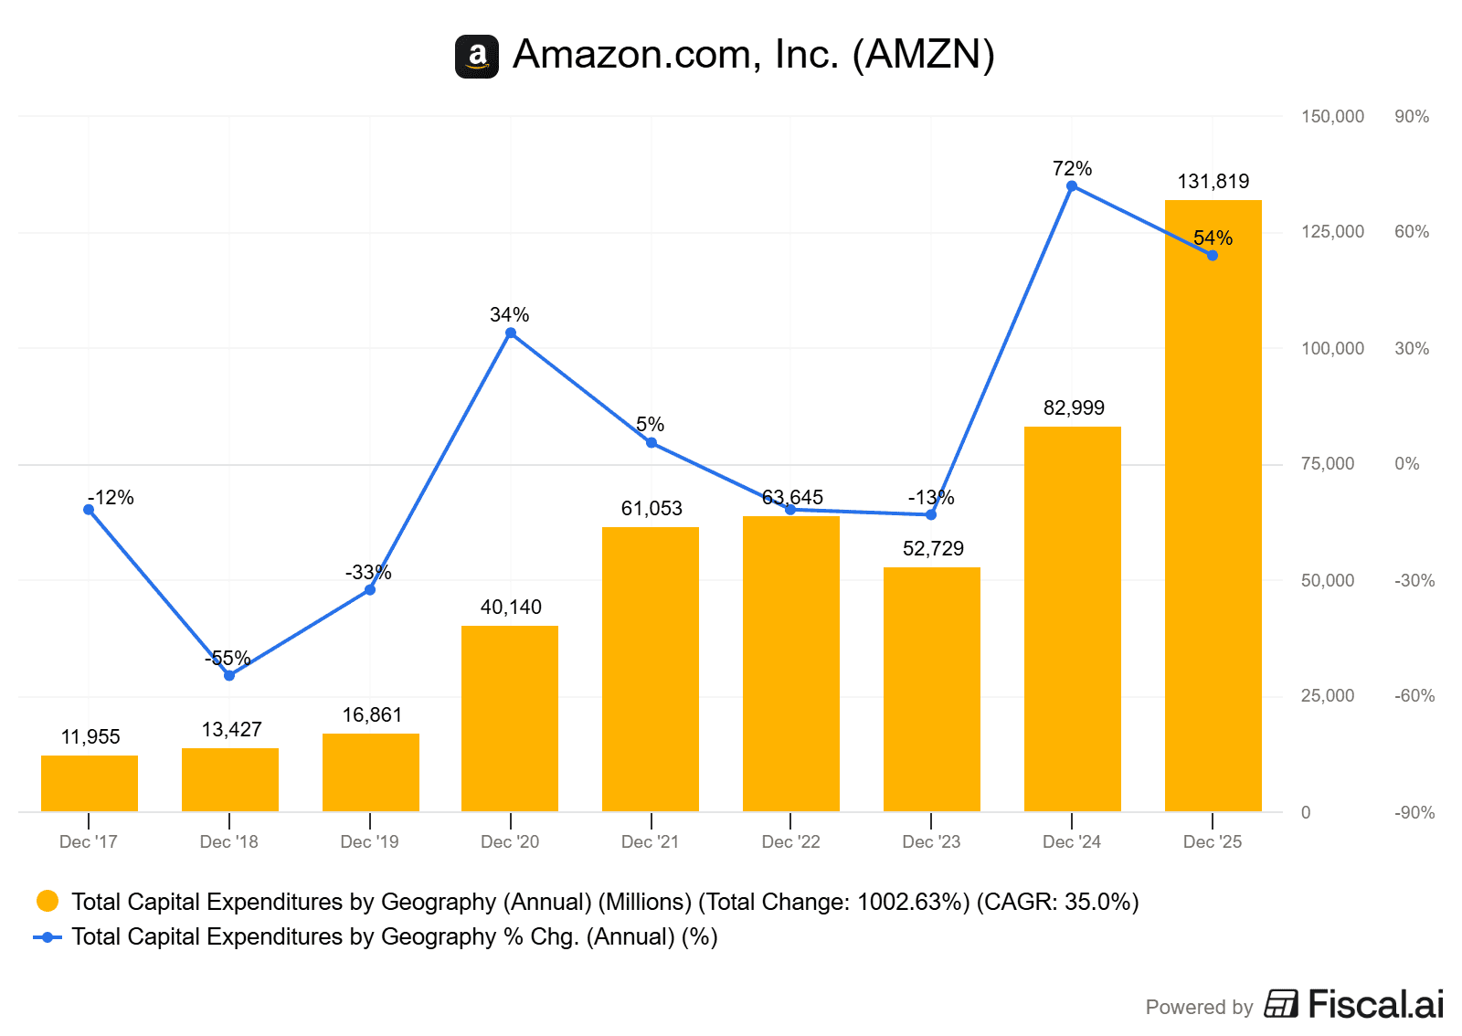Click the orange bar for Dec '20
pyautogui.click(x=510, y=718)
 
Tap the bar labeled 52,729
pyautogui.click(x=931, y=689)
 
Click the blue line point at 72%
pyautogui.click(x=1072, y=186)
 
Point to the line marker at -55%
pyautogui.click(x=229, y=675)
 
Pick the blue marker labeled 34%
pyautogui.click(x=510, y=333)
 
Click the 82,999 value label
pyautogui.click(x=1074, y=407)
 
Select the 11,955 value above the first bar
pyautogui.click(x=90, y=736)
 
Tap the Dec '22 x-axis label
pyautogui.click(x=790, y=841)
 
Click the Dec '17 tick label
pyautogui.click(x=88, y=841)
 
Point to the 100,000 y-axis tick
pyautogui.click(x=1332, y=348)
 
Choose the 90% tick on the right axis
pyautogui.click(x=1411, y=116)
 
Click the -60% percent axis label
pyautogui.click(x=1414, y=695)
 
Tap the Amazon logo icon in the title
pyautogui.click(x=477, y=57)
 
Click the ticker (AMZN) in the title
pyautogui.click(x=923, y=55)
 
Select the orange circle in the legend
pyautogui.click(x=48, y=902)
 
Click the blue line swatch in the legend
pyautogui.click(x=48, y=937)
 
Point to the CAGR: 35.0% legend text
pyautogui.click(x=1057, y=902)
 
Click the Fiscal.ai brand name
pyautogui.click(x=1375, y=1004)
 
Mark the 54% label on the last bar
pyautogui.click(x=1213, y=238)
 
